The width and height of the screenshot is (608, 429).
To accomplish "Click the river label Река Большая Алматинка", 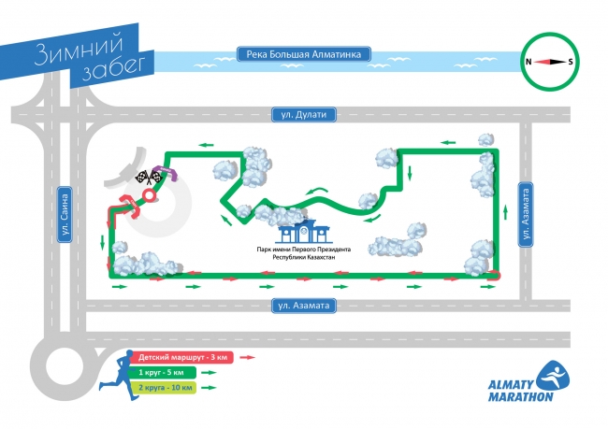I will [305, 54].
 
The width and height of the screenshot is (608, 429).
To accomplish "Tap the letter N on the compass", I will [529, 62].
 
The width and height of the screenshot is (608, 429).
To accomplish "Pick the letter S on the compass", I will [571, 62].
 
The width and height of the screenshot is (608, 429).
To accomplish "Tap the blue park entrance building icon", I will [303, 233].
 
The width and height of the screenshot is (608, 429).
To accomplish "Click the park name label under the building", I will [303, 252].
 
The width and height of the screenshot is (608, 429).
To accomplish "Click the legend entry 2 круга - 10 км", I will [166, 388].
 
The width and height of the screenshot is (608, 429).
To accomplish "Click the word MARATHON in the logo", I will [521, 395].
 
